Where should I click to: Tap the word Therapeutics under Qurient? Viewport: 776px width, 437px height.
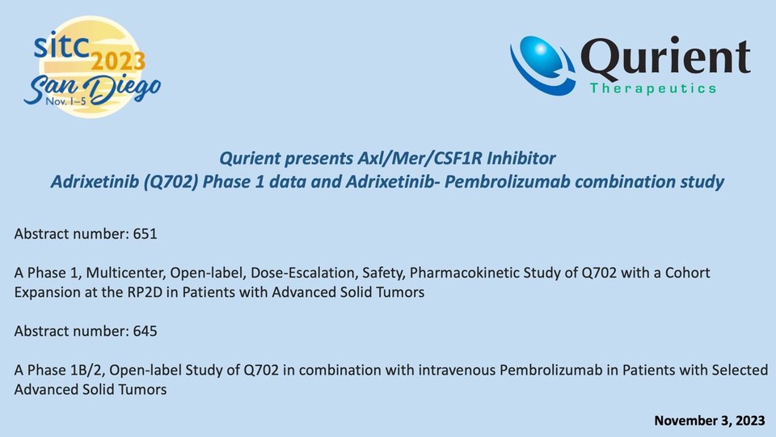tap(653, 88)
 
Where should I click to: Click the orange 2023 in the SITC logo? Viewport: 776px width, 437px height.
tap(118, 62)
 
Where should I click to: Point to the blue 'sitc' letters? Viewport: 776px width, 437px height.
tap(61, 45)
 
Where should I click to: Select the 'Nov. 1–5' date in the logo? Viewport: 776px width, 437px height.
tap(65, 101)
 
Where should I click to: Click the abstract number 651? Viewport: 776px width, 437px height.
tap(145, 233)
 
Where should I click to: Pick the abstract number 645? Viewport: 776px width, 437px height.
tap(145, 330)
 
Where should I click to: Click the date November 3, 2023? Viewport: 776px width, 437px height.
tap(710, 421)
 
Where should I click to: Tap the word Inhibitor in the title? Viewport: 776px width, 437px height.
tap(521, 158)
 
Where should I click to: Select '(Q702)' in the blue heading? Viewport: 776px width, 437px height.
tap(171, 182)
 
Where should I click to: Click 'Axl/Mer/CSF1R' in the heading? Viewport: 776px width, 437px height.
tap(420, 158)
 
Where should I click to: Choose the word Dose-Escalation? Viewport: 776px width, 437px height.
tap(305, 273)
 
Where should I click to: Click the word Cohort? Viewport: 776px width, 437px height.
tap(687, 273)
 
